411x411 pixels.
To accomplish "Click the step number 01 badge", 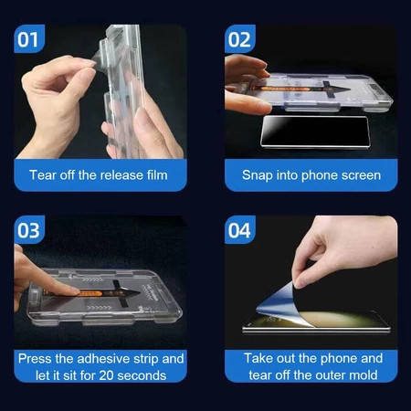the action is pos(29,38).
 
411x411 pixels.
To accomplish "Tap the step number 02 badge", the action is pos(240,38).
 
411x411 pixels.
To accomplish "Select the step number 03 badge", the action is pos(29,229).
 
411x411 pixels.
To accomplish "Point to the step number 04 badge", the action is pos(240,229).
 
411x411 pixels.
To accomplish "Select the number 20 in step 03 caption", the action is pos(107,375).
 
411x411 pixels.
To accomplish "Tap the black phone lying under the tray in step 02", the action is pos(315,132).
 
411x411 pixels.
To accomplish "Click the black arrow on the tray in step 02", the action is pos(334,89).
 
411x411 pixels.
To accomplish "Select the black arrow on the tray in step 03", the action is pos(125,293).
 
